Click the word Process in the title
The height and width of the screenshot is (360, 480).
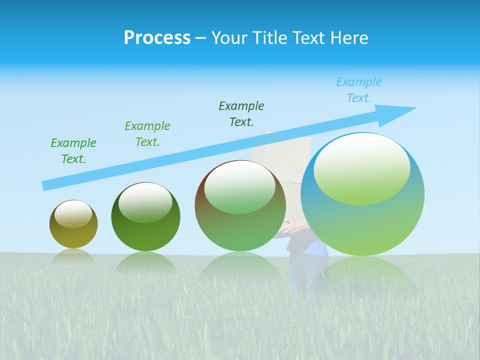click(157, 38)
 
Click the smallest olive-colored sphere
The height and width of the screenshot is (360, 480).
click(73, 224)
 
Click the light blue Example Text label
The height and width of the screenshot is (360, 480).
click(359, 90)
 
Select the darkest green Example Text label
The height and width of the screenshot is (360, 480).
click(241, 114)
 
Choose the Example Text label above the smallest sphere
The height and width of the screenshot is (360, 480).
click(73, 151)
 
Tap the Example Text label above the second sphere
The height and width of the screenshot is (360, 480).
click(147, 134)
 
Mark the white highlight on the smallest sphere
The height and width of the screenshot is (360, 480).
click(73, 214)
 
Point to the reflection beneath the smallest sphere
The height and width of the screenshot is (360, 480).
click(73, 256)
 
